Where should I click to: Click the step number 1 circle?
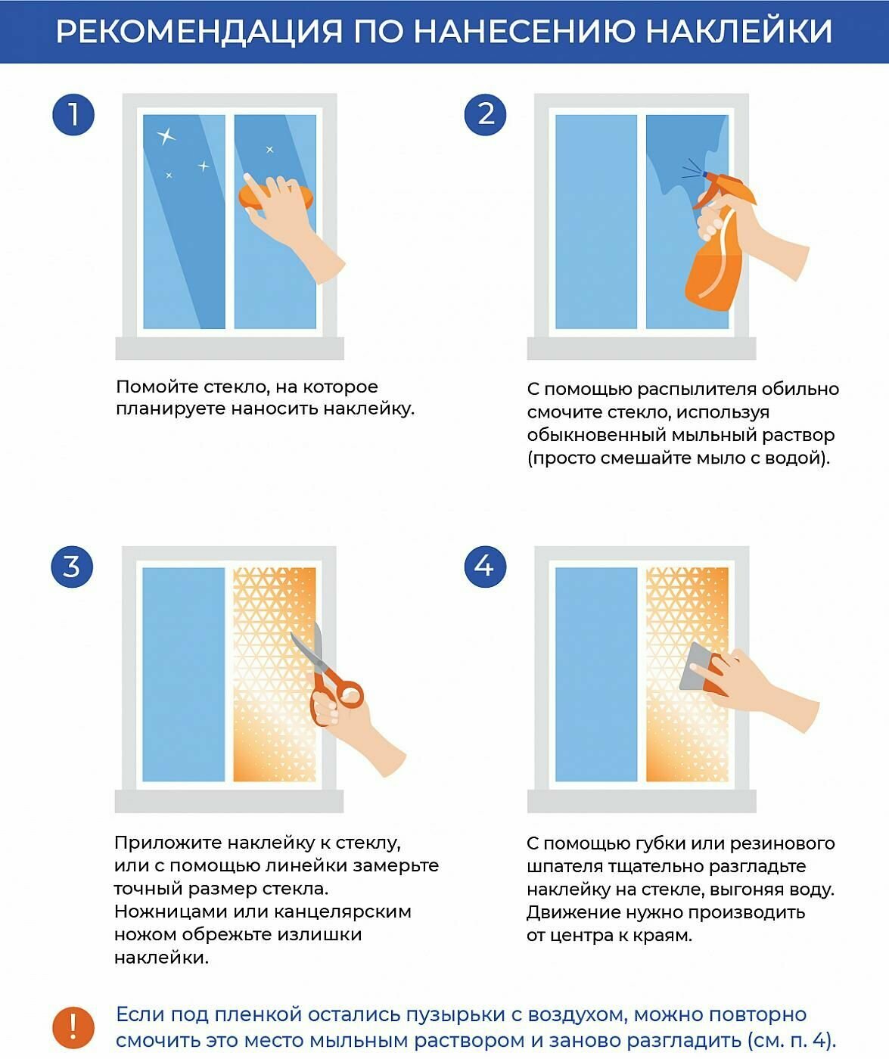coord(73,114)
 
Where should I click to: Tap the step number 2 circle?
coord(486,114)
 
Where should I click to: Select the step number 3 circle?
coord(72,567)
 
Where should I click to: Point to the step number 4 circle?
coord(486,567)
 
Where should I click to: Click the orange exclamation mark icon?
coord(73,1027)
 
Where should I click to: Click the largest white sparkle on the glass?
coord(166,136)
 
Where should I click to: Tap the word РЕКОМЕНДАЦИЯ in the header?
coord(199,32)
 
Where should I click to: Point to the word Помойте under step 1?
coord(157,387)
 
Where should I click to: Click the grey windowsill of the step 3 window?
coord(229,801)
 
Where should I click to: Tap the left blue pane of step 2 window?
coord(596,222)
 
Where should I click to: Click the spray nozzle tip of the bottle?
coord(705,174)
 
